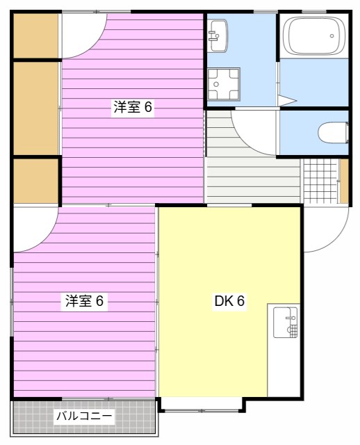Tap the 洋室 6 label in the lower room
[84, 301]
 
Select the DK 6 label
[229, 301]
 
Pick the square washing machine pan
[224, 85]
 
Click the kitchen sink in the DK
[285, 322]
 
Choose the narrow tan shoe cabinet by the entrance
[343, 181]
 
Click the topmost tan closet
[36, 36]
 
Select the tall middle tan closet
[36, 108]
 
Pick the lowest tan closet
[35, 181]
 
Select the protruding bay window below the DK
[202, 403]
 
